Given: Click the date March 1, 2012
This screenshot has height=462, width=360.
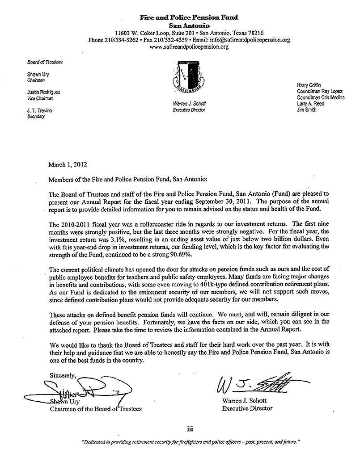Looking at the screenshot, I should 67,164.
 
